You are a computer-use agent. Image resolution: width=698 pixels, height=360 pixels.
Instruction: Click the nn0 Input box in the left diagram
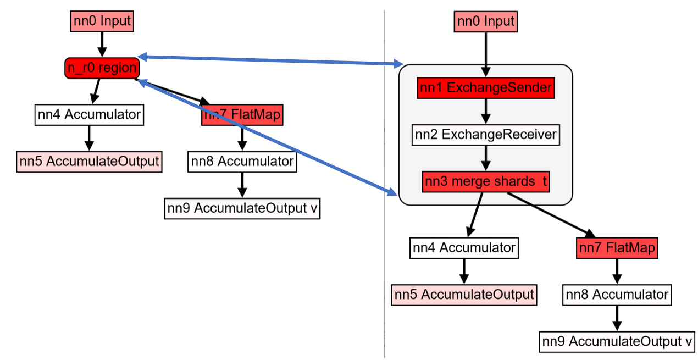pyautogui.click(x=102, y=21)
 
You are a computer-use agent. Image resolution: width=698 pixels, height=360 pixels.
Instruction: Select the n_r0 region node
pyautogui.click(x=102, y=68)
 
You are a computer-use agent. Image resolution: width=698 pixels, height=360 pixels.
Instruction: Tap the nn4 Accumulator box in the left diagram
pyautogui.click(x=88, y=115)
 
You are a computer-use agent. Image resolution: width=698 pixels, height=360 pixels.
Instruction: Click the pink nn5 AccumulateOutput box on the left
pyautogui.click(x=89, y=162)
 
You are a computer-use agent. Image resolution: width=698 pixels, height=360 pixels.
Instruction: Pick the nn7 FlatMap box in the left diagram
pyautogui.click(x=242, y=115)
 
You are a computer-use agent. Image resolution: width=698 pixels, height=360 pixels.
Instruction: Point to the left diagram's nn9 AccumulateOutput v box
pyautogui.click(x=242, y=208)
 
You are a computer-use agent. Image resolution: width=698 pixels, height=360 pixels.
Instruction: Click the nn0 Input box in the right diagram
pyautogui.click(x=486, y=21)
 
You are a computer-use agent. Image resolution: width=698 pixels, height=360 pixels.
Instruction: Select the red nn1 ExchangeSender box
pyautogui.click(x=485, y=88)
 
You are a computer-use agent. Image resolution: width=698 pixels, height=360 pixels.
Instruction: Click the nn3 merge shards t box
pyautogui.click(x=485, y=182)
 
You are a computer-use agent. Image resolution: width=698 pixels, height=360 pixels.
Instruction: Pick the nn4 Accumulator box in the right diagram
pyautogui.click(x=464, y=248)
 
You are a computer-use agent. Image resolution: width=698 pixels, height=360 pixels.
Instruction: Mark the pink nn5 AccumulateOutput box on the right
pyautogui.click(x=464, y=295)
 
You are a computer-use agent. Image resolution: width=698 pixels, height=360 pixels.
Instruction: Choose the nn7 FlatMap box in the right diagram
pyautogui.click(x=617, y=248)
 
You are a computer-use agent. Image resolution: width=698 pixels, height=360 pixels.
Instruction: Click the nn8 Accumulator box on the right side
pyautogui.click(x=617, y=295)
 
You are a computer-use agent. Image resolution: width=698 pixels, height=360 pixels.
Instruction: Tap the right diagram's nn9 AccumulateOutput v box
pyautogui.click(x=617, y=341)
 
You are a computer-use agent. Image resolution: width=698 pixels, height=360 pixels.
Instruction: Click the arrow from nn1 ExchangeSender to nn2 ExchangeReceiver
pyautogui.click(x=485, y=112)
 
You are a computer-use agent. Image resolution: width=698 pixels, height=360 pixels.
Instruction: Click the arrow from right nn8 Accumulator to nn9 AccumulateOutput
pyautogui.click(x=617, y=318)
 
